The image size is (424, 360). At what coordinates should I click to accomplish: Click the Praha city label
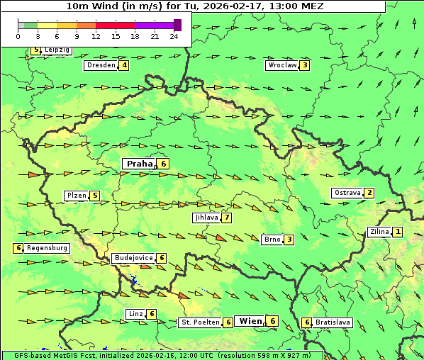(x=139, y=164)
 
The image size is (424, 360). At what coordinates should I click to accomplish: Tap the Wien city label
(x=250, y=321)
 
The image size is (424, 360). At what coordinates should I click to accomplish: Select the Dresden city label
(x=101, y=65)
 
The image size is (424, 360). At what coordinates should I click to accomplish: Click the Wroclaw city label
(x=281, y=65)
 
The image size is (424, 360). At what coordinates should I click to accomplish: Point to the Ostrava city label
(x=347, y=193)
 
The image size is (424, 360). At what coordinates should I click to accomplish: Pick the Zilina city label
(x=379, y=232)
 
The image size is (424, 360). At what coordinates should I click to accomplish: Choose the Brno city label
(x=272, y=240)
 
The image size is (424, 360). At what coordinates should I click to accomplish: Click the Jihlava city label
(x=206, y=218)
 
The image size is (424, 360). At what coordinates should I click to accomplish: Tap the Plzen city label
(x=76, y=196)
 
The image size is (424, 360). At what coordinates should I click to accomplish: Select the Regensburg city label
(x=48, y=248)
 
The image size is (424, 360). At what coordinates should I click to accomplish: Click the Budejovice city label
(x=133, y=258)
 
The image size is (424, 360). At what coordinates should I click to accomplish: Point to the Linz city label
(x=135, y=314)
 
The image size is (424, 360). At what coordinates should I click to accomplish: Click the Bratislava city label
(x=333, y=322)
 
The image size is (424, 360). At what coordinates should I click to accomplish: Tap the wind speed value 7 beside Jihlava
(x=227, y=218)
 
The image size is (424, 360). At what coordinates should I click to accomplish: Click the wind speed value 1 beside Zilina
(x=398, y=232)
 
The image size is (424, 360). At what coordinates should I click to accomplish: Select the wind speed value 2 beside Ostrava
(x=369, y=193)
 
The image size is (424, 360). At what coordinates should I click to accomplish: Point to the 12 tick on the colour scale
(x=96, y=36)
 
